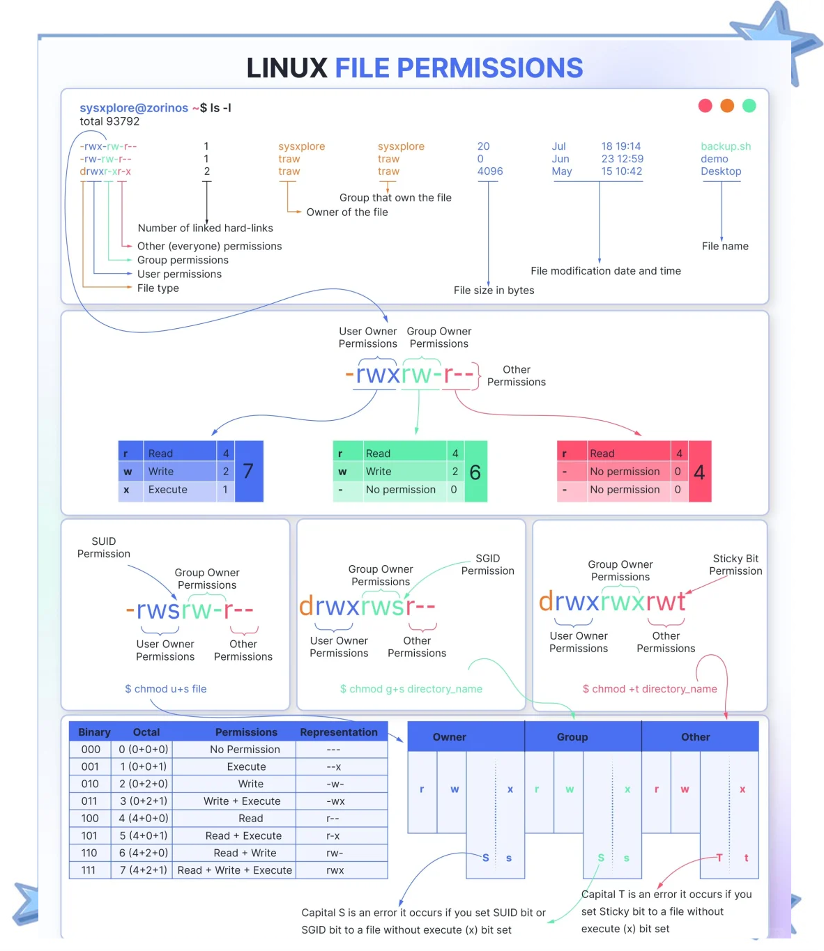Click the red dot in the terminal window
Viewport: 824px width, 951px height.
click(x=705, y=106)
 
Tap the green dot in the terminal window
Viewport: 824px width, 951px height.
click(x=749, y=106)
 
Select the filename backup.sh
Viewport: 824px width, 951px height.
click(x=726, y=146)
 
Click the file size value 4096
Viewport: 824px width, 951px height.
click(x=490, y=171)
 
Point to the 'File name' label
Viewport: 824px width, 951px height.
click(x=725, y=246)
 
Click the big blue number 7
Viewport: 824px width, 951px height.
click(x=248, y=472)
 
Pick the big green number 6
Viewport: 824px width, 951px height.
click(x=475, y=473)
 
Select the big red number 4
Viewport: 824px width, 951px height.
click(x=700, y=473)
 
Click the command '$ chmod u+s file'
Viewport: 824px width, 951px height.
click(x=166, y=689)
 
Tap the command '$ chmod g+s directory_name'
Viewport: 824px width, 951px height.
click(x=411, y=689)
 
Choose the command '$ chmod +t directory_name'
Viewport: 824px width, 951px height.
click(x=650, y=689)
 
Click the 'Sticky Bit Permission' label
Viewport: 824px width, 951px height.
click(x=735, y=565)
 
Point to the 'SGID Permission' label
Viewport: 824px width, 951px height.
click(x=488, y=565)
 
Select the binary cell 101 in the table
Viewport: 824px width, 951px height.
click(x=90, y=836)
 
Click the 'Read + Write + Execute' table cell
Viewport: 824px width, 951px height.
click(x=235, y=870)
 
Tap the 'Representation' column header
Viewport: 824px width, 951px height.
click(x=339, y=732)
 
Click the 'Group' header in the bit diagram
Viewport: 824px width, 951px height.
click(x=572, y=737)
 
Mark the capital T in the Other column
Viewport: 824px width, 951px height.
click(x=719, y=858)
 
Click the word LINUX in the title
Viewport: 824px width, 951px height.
click(x=287, y=68)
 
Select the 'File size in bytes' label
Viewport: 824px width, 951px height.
click(x=494, y=291)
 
